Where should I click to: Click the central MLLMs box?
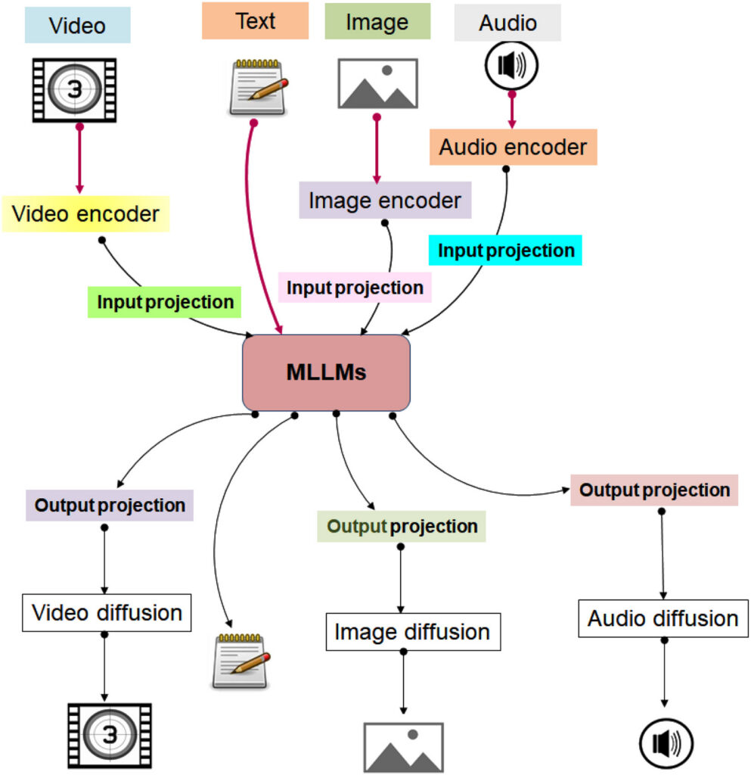tap(326, 373)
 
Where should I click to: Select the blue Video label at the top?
tap(77, 25)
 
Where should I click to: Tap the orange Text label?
tap(255, 21)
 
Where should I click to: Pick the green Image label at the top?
tap(377, 22)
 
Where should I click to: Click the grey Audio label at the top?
tap(507, 23)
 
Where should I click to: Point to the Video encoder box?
tap(85, 214)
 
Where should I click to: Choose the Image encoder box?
tap(385, 201)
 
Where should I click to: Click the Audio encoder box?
tap(513, 147)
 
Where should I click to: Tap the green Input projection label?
tap(166, 302)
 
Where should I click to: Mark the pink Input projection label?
tap(355, 288)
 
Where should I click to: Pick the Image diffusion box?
tap(412, 631)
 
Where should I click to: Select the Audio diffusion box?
tap(663, 618)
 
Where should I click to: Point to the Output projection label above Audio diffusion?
tap(654, 490)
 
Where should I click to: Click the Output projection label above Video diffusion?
tap(110, 505)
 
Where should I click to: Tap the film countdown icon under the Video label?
tap(74, 90)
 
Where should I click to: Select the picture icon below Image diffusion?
tap(403, 748)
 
